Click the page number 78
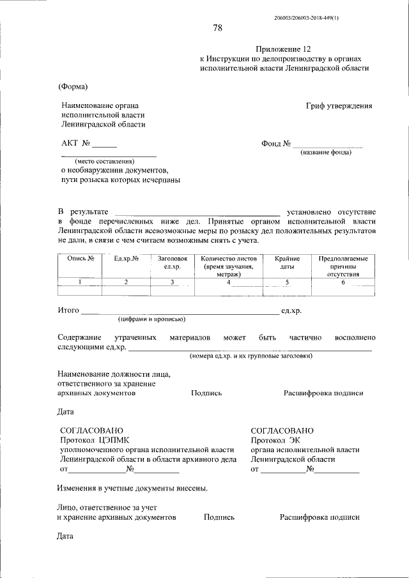point(217,27)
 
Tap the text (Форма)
point(72,86)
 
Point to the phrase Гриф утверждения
point(339,106)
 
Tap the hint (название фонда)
point(326,152)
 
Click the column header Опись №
point(81,259)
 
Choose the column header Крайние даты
point(288,262)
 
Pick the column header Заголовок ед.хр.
point(172,262)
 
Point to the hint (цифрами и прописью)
point(151,318)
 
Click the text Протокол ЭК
point(275,440)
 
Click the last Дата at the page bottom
point(65,536)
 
